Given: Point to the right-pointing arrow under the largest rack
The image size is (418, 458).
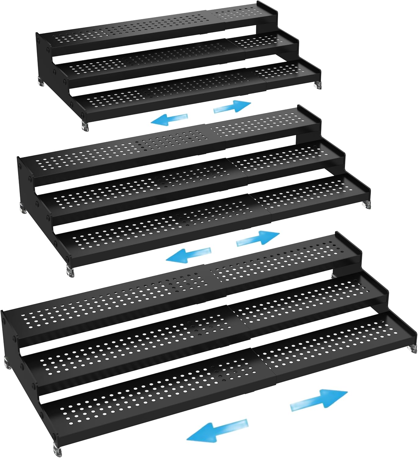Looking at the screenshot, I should coord(319,400).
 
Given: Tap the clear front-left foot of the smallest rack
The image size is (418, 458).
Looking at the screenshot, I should coord(85,126).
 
